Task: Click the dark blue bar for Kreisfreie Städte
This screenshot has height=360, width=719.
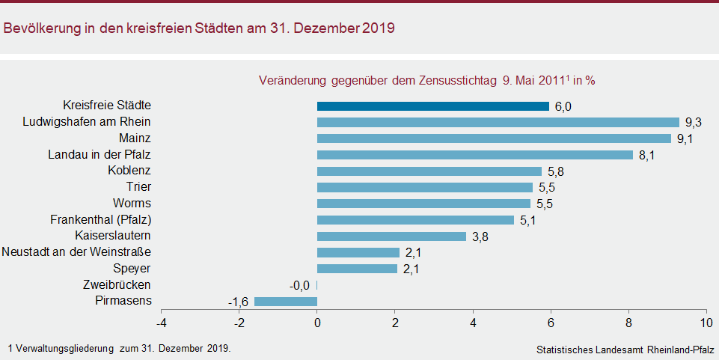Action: (x=433, y=106)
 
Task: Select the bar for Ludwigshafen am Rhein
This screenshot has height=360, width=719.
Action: (x=498, y=122)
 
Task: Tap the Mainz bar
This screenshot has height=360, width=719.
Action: (x=494, y=138)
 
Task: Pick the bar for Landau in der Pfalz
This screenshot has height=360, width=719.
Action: (x=475, y=155)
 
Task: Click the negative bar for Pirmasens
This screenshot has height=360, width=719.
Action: (x=286, y=302)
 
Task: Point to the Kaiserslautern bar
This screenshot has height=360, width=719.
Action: (x=391, y=237)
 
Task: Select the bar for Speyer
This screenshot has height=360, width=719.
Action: (x=358, y=269)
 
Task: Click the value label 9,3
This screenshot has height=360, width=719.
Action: (x=693, y=122)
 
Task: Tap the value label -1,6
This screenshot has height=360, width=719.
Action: (x=238, y=302)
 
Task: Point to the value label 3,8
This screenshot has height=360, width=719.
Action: (x=480, y=237)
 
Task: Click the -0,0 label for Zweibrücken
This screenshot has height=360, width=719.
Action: (x=301, y=286)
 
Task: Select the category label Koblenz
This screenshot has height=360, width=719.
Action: (x=129, y=171)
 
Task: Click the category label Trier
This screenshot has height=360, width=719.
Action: (x=138, y=187)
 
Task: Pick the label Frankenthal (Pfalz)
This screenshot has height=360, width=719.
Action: (x=101, y=219)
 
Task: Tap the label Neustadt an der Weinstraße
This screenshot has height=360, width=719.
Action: (x=76, y=252)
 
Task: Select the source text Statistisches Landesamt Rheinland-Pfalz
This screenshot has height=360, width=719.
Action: (x=625, y=350)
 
